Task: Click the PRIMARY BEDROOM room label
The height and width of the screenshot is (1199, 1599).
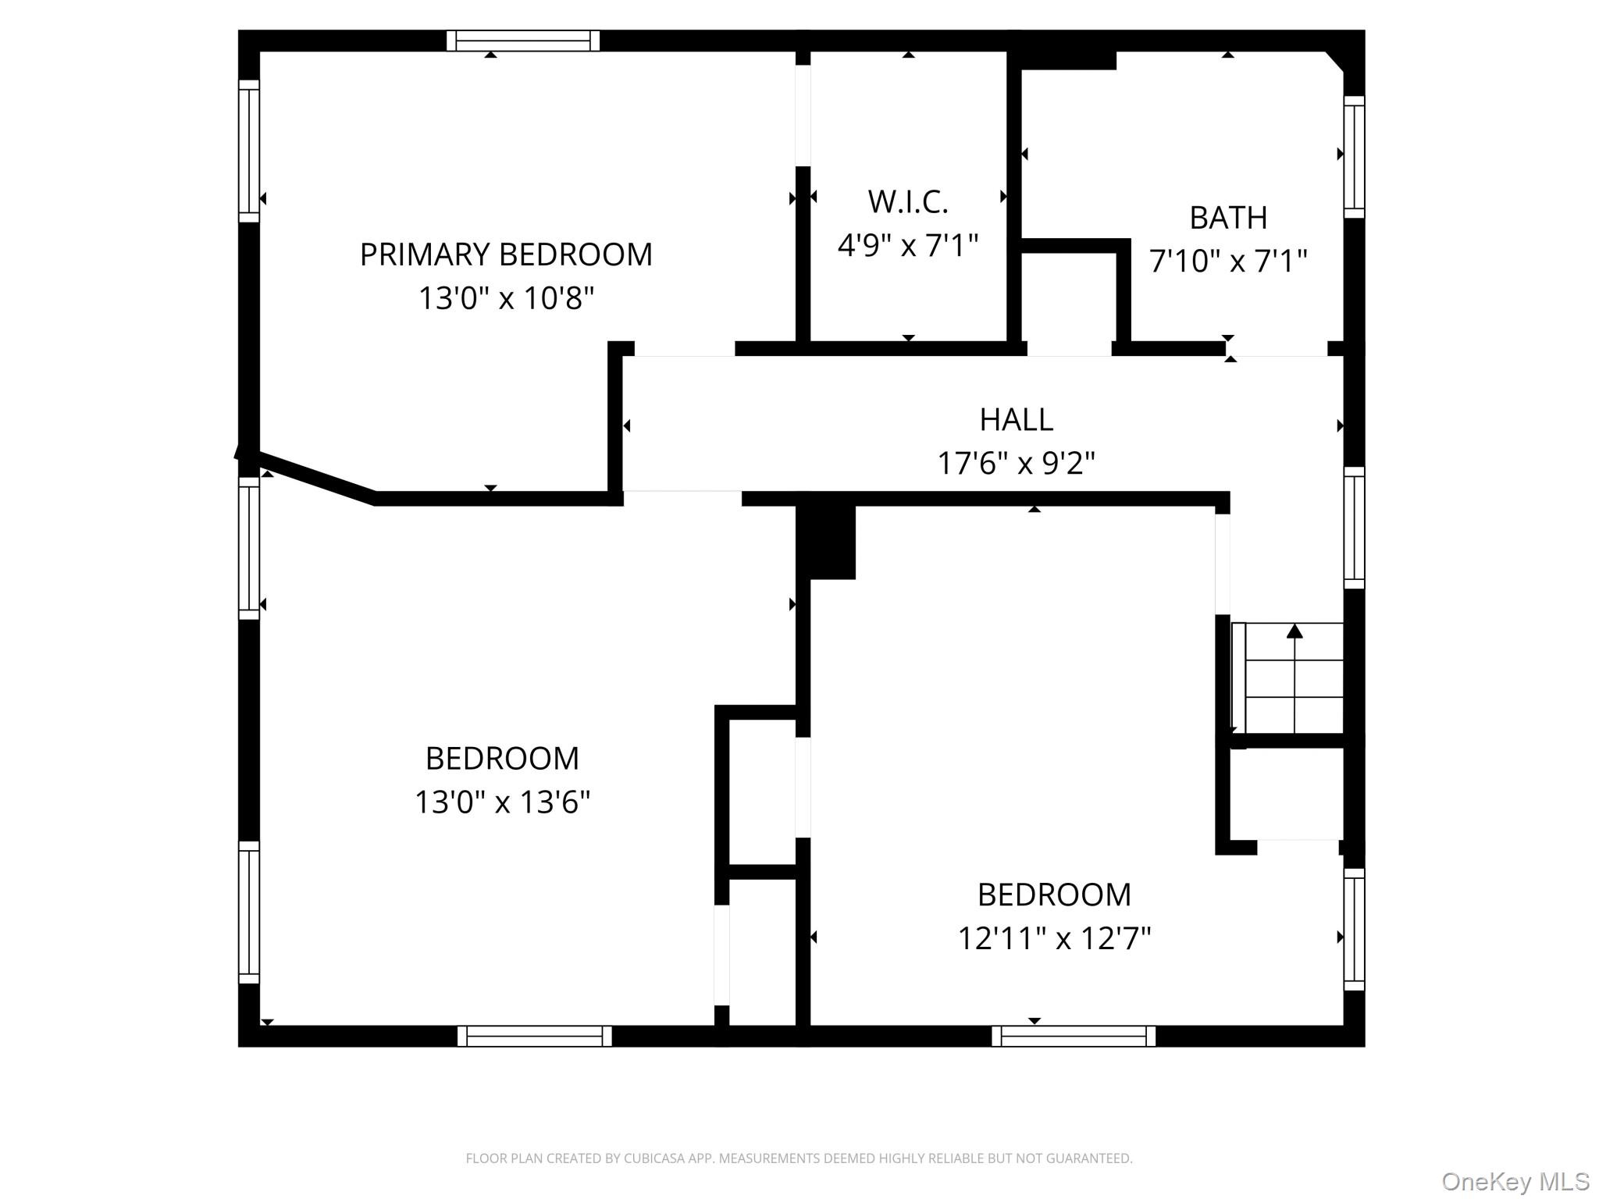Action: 506,254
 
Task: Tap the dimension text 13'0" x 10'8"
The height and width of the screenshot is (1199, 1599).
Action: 507,298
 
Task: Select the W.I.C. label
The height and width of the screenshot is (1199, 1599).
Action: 908,202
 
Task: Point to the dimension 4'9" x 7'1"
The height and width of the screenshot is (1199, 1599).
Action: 908,246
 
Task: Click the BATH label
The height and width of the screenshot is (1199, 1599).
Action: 1228,218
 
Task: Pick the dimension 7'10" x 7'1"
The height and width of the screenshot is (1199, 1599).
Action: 1228,261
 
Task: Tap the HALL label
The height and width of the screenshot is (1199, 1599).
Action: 1017,420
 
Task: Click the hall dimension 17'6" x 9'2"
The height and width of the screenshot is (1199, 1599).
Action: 1017,464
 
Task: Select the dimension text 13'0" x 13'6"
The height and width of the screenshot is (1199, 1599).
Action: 502,802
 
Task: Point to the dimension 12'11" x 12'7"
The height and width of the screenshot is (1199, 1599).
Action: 1055,938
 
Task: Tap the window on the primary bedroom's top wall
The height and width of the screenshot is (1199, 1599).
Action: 523,41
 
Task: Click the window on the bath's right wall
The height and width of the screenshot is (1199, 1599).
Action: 1354,157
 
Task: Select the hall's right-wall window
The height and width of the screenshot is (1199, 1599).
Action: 1354,528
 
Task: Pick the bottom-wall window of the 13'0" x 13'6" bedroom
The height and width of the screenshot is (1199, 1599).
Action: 535,1036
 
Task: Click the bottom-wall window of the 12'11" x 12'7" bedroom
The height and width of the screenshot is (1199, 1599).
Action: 1074,1036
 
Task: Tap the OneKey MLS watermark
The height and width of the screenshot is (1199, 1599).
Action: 1515,1181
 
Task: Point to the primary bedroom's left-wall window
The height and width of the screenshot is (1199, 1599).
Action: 249,151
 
